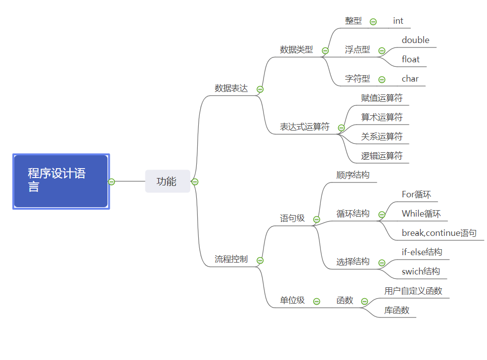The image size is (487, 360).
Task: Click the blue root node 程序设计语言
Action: tap(60, 181)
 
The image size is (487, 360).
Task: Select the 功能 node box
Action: tap(167, 181)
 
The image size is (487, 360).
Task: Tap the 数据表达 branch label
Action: tap(231, 89)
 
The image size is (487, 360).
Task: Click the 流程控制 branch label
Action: tap(231, 259)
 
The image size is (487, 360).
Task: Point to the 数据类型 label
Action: tap(296, 49)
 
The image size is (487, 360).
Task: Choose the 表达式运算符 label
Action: tap(305, 127)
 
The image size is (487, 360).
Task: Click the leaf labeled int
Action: tap(398, 21)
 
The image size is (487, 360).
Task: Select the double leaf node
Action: tap(415, 40)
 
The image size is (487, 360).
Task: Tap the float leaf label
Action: tap(410, 59)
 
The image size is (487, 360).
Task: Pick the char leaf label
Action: tap(410, 79)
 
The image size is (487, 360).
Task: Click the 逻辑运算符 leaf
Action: tap(382, 156)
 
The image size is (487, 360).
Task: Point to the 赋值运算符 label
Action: tap(382, 98)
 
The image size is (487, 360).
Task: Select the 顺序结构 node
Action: tap(353, 175)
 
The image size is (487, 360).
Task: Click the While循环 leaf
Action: tap(421, 214)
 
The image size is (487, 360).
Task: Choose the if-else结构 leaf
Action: tap(422, 252)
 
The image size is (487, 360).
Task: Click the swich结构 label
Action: tap(421, 271)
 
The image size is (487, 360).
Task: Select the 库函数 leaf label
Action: tap(397, 311)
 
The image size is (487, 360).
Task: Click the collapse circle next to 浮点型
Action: tap(382, 50)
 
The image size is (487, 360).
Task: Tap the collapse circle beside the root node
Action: tap(112, 181)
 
